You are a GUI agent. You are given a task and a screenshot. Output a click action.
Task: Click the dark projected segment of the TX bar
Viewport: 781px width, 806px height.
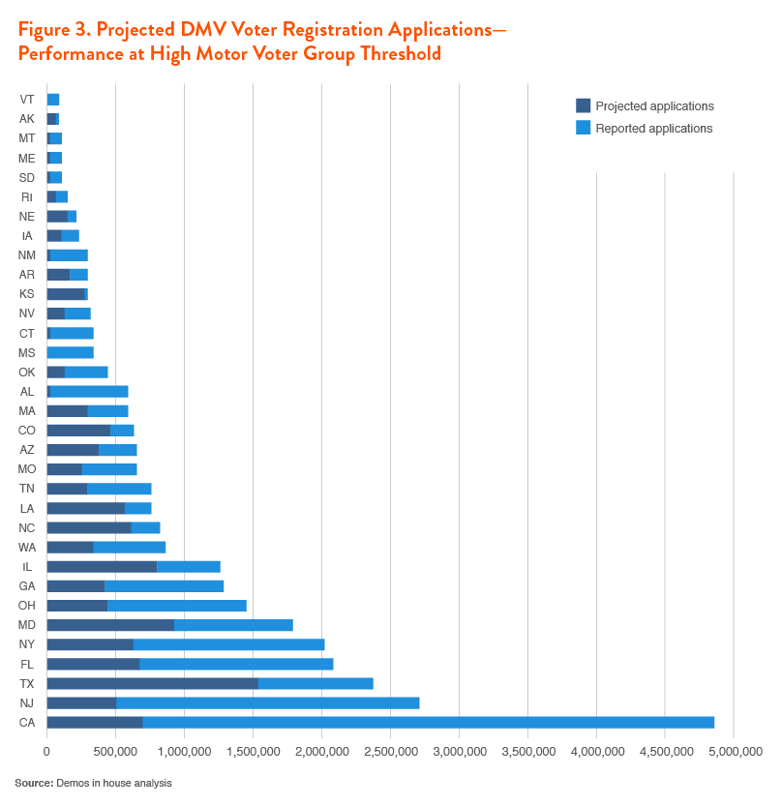click(152, 683)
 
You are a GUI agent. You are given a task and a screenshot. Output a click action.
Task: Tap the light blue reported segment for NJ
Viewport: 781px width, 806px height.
click(267, 702)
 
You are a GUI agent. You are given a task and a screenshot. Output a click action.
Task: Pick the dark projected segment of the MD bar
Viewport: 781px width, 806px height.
click(110, 625)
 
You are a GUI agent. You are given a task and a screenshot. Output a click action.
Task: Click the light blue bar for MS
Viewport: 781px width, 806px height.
click(70, 352)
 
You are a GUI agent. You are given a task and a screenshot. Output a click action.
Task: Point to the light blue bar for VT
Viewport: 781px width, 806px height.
click(53, 100)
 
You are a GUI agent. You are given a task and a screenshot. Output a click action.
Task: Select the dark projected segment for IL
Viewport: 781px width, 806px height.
click(102, 566)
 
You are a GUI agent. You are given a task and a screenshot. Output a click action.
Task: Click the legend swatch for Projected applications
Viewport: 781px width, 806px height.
click(583, 105)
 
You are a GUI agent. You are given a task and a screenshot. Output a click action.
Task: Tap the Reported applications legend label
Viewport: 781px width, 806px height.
click(653, 128)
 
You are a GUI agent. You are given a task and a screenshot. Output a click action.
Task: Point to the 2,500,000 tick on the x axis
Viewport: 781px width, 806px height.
click(390, 751)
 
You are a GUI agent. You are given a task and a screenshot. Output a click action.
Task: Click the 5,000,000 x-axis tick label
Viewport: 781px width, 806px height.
click(734, 751)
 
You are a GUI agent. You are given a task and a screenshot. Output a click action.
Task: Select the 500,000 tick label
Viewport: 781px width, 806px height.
click(115, 751)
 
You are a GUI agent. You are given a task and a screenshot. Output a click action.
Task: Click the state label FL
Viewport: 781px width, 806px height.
click(27, 664)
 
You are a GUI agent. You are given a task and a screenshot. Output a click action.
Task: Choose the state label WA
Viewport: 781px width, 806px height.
click(27, 547)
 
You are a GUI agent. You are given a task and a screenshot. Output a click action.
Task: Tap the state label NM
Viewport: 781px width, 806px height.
click(27, 255)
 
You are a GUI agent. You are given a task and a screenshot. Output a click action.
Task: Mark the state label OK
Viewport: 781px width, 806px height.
click(27, 372)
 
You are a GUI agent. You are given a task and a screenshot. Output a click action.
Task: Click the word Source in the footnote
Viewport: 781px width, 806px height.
click(32, 782)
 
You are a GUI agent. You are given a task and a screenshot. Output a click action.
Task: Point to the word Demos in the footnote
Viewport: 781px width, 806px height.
click(71, 782)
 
